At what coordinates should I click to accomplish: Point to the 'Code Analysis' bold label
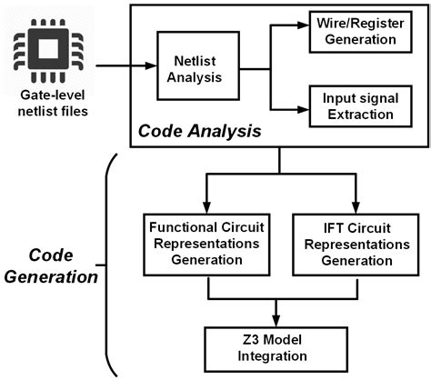coord(198,132)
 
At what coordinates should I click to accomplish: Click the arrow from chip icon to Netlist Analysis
coord(127,65)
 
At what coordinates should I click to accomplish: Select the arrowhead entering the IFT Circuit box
coord(355,205)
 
